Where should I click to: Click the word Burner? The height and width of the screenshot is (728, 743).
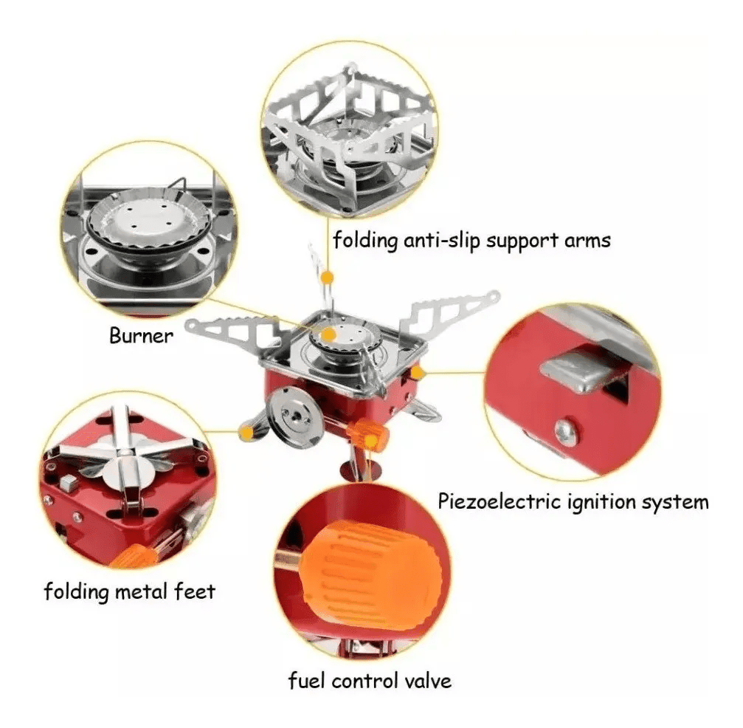141,336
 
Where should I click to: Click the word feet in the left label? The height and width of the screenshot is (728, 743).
195,591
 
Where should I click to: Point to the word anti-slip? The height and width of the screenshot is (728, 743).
443,240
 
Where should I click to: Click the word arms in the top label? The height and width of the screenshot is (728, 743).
587,241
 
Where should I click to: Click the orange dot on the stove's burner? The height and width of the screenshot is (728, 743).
329,334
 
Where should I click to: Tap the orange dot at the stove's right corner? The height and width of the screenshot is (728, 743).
417,373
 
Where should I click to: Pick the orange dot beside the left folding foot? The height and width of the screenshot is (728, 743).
246,432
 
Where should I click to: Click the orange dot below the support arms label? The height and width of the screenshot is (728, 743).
327,277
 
